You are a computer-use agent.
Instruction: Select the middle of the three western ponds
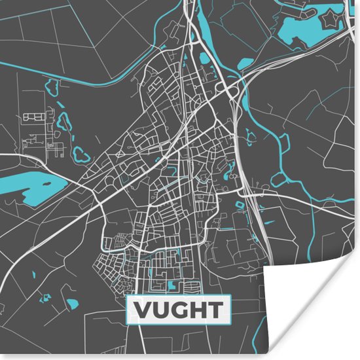(x=63, y=122)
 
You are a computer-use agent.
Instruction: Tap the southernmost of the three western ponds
(x=81, y=154)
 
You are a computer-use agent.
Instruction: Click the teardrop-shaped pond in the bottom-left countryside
(x=71, y=304)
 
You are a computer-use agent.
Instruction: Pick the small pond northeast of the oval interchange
(x=245, y=63)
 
